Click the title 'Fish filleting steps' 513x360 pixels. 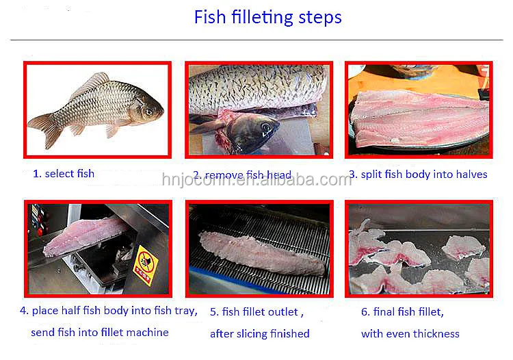pyautogui.click(x=267, y=17)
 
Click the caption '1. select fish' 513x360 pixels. pyautogui.click(x=64, y=173)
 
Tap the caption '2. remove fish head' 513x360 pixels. pyautogui.click(x=242, y=175)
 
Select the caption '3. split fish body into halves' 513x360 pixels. pyautogui.click(x=418, y=174)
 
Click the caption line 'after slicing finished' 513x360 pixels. pyautogui.click(x=259, y=333)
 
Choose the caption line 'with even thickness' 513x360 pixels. pyautogui.click(x=410, y=333)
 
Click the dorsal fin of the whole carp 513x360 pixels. pyautogui.click(x=91, y=83)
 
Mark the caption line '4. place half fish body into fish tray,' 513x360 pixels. pyautogui.click(x=108, y=310)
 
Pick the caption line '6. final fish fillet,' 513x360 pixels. pyautogui.click(x=402, y=311)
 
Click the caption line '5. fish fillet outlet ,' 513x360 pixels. pyautogui.click(x=254, y=311)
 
